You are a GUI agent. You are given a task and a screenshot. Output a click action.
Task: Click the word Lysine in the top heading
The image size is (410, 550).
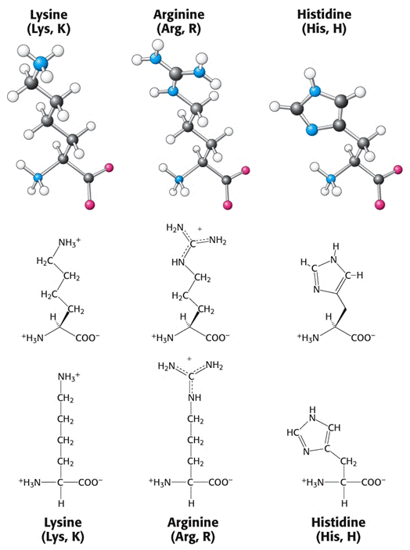(49, 15)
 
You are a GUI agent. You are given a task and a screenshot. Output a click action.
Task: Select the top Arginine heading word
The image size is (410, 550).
(179, 15)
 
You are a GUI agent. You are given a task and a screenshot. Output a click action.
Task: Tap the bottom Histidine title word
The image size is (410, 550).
(338, 523)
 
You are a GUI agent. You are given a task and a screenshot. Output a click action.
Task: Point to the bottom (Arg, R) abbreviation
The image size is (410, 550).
(193, 537)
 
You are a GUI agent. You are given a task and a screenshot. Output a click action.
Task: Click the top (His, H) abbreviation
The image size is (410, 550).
(324, 29)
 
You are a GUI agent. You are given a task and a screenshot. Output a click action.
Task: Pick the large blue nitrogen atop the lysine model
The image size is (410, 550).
(40, 63)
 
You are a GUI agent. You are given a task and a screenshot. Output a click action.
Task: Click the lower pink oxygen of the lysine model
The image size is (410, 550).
(90, 204)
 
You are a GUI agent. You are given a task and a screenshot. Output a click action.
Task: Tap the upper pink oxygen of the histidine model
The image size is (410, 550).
(398, 170)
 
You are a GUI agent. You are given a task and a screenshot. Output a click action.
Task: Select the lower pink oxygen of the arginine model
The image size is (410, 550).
(228, 205)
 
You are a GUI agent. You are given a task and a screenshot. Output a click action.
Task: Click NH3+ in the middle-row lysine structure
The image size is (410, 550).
(70, 242)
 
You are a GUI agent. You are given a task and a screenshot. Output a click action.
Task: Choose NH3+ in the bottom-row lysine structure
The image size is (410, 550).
(69, 377)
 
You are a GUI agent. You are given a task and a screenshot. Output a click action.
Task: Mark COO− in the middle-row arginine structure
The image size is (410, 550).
(218, 337)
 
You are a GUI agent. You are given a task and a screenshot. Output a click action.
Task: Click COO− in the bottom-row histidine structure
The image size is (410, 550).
(373, 483)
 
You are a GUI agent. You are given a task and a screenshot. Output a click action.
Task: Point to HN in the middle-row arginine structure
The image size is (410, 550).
(178, 262)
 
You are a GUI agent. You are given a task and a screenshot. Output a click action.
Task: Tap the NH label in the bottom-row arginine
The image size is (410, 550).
(195, 398)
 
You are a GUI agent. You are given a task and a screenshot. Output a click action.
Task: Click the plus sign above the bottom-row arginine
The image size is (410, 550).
(189, 359)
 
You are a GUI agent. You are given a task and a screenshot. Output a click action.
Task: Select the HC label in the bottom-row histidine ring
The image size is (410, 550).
(293, 433)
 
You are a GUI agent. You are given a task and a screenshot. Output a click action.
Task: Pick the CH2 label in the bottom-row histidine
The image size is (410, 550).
(348, 462)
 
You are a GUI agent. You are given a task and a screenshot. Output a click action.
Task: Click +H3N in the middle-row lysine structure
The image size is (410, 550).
(33, 337)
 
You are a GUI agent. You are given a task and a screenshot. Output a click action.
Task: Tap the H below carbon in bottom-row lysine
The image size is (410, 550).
(61, 504)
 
